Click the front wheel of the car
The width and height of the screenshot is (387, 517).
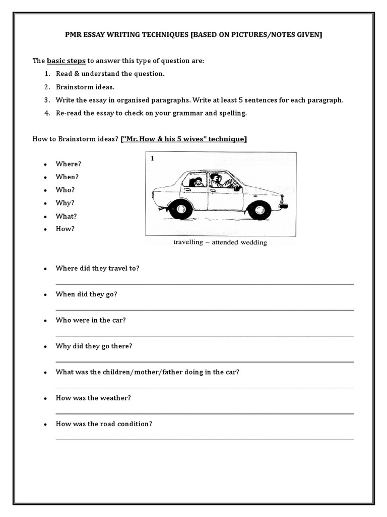260,210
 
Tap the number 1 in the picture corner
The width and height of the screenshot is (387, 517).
153,159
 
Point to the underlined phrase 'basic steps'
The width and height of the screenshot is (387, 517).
67,61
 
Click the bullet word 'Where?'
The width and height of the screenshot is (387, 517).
69,164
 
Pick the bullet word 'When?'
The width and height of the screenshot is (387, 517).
68,177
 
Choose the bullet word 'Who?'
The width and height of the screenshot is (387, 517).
66,190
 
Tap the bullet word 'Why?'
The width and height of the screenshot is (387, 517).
66,203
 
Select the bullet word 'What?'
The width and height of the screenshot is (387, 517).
67,216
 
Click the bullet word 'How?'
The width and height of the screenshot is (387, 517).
66,229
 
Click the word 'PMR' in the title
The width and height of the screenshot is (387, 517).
74,34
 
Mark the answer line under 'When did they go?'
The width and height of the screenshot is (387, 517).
204,309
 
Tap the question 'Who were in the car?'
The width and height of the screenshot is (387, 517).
91,320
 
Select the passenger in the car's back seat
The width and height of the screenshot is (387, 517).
198,182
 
